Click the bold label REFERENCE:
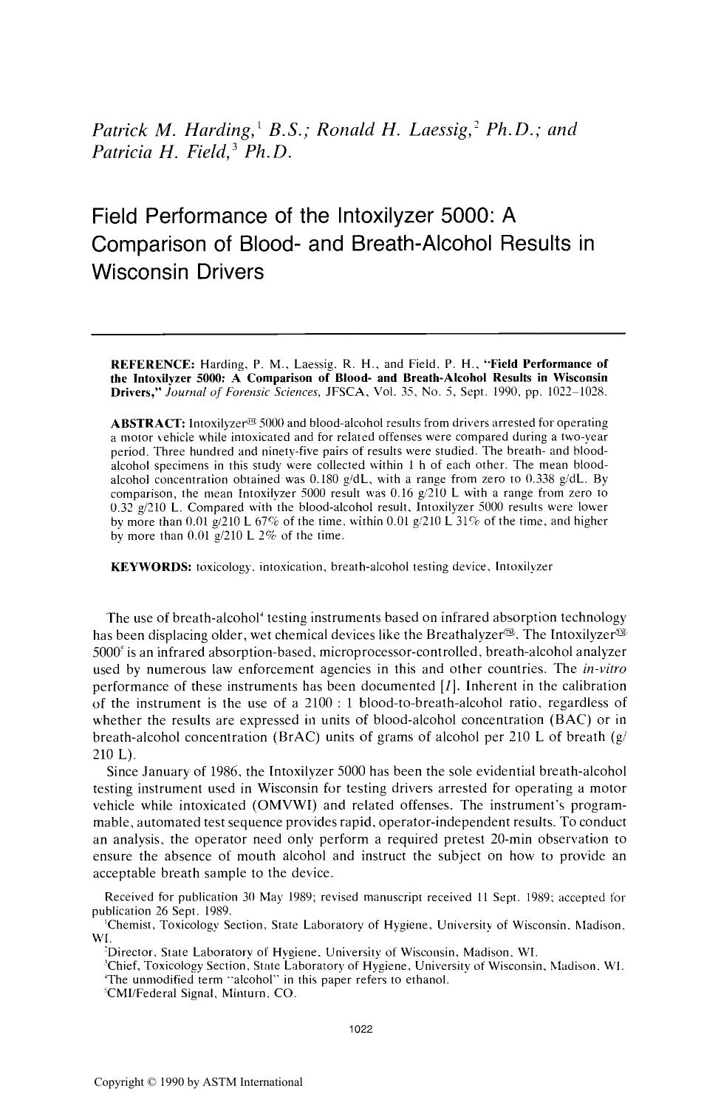[152, 363]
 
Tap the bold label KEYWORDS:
[151, 567]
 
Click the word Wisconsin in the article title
[138, 272]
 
